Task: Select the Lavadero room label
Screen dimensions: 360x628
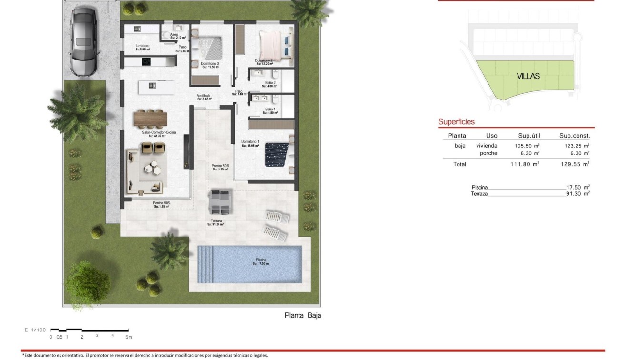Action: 142,47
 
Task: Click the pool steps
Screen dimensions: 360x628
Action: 207,264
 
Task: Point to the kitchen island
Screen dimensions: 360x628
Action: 157,87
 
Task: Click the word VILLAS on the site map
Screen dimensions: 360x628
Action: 528,76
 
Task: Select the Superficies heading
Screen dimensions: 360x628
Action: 456,122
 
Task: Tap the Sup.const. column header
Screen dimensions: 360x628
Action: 575,136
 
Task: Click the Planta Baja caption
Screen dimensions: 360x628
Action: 302,315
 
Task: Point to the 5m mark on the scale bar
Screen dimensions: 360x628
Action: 128,337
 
